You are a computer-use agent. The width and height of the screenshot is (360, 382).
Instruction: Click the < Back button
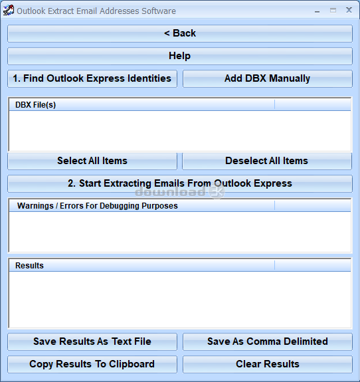[180, 33]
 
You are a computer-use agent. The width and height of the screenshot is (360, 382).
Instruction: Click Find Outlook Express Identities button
[92, 78]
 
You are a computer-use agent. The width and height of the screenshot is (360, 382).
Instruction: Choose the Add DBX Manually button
[268, 78]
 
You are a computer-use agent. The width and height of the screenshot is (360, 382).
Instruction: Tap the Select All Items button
[92, 161]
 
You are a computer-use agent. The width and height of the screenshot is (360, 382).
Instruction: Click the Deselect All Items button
[267, 161]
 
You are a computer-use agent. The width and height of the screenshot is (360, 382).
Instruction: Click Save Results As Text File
[92, 341]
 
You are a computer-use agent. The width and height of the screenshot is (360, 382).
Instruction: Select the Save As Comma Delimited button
[268, 341]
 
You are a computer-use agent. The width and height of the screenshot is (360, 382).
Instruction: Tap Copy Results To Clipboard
[92, 364]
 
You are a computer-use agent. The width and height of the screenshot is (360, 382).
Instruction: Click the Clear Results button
[268, 364]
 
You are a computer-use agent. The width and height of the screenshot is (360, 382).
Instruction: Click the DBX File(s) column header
[141, 105]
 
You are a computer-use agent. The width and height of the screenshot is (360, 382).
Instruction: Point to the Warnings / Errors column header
[141, 206]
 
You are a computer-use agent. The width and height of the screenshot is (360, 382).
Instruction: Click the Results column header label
[29, 266]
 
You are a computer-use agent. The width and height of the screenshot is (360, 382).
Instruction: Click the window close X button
[349, 10]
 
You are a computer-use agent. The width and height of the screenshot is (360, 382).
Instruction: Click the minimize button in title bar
[317, 11]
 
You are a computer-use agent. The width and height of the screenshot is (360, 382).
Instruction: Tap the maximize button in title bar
[333, 10]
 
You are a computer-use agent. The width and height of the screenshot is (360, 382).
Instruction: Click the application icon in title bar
[8, 10]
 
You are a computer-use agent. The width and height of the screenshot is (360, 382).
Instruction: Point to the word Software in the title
[159, 11]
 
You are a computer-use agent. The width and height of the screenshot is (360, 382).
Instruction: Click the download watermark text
[170, 192]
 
